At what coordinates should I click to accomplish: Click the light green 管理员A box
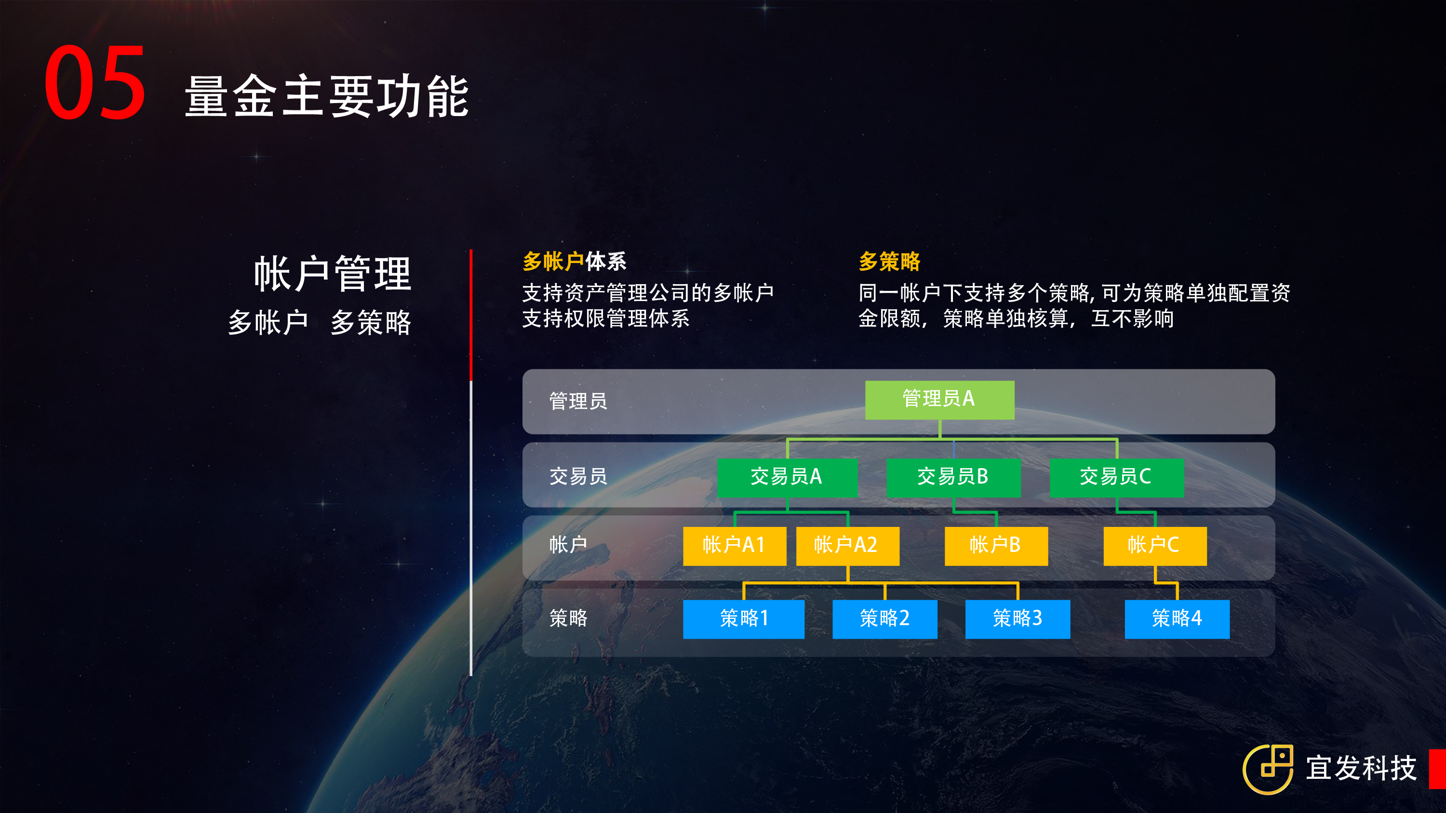click(x=940, y=399)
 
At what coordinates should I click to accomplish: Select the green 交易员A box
click(x=787, y=477)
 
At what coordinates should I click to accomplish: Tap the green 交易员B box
click(x=953, y=477)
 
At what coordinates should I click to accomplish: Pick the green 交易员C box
click(x=1116, y=477)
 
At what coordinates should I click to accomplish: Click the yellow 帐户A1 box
click(x=734, y=546)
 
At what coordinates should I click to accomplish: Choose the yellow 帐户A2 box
click(x=848, y=546)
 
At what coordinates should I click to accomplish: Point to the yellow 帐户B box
click(x=996, y=546)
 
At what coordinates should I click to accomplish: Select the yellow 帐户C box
click(x=1155, y=546)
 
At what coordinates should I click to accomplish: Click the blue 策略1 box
click(x=743, y=619)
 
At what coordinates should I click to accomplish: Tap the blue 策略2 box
click(x=884, y=619)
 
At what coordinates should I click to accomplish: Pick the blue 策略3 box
click(x=1018, y=619)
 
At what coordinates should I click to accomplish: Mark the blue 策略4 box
click(x=1177, y=619)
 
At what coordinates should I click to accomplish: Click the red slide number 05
click(x=95, y=82)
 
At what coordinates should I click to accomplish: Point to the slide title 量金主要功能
click(x=327, y=96)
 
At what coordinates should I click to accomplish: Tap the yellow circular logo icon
click(x=1268, y=769)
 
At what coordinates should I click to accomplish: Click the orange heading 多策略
click(x=889, y=262)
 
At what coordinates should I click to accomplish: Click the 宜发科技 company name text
click(x=1361, y=768)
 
